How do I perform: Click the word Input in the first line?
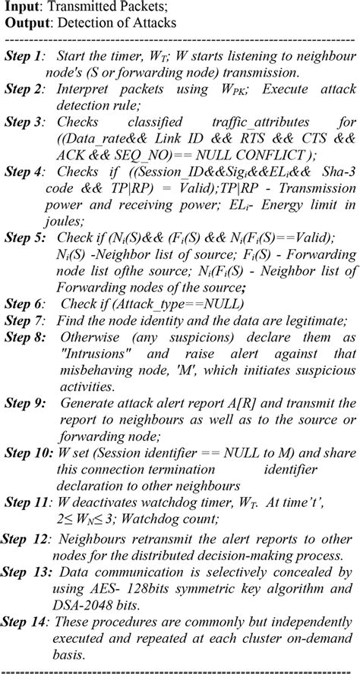pos(22,7)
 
